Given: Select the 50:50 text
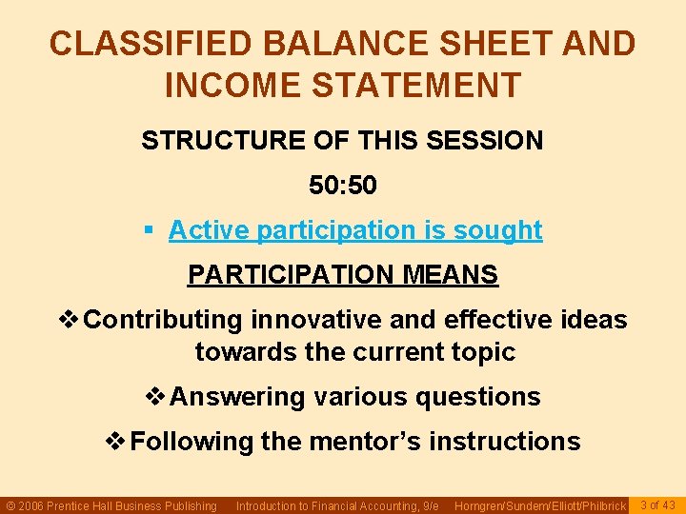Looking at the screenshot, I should point(343,185).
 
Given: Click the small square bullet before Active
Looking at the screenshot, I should point(148,230).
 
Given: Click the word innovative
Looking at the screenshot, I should point(325,320).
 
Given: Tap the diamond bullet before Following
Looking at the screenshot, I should point(115,442).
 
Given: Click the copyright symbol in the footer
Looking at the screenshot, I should point(11,505).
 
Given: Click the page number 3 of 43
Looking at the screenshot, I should point(657,504).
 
